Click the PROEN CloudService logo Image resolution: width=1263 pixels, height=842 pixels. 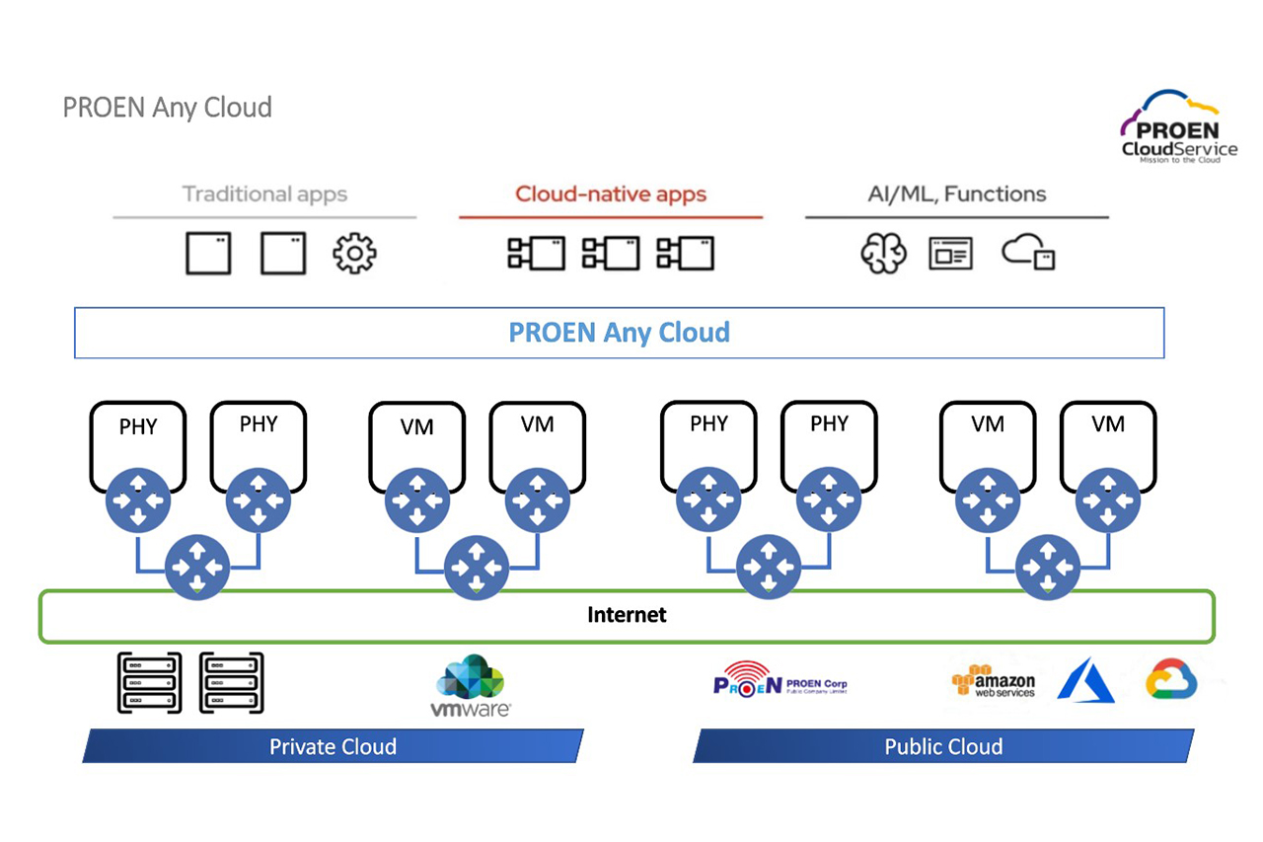(1178, 127)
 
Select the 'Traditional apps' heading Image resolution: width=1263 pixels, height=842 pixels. (264, 193)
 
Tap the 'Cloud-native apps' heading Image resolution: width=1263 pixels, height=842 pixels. (611, 193)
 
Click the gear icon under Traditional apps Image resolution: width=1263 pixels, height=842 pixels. (354, 254)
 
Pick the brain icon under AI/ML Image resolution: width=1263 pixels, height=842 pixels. (882, 254)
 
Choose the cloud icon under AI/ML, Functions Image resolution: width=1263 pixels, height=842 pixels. (1028, 254)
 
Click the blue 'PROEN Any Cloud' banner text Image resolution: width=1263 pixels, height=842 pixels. (619, 333)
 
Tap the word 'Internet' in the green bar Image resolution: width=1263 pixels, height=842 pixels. (627, 615)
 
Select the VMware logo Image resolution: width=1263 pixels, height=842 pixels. (471, 685)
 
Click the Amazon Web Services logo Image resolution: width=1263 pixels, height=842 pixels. (994, 682)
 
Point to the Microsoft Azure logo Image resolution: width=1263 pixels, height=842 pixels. (1085, 682)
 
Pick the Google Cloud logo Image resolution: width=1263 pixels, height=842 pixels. (1171, 681)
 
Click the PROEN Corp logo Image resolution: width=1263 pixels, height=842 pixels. (779, 684)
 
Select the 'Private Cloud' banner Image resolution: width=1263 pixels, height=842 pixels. (333, 746)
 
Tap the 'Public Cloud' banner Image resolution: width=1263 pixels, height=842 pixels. (943, 746)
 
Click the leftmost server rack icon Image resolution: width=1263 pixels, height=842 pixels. (149, 682)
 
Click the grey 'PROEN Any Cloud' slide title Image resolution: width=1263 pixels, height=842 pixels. (167, 108)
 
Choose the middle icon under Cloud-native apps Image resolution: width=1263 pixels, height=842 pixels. (611, 254)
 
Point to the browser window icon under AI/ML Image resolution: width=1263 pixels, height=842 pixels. (950, 254)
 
